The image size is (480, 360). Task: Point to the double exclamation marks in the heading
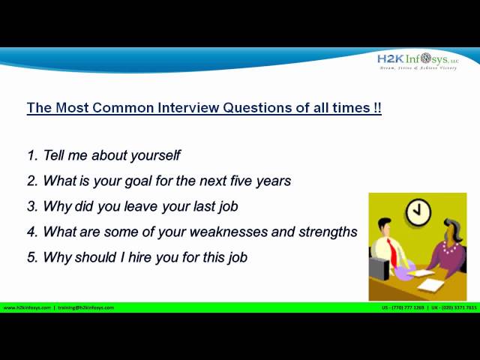(x=376, y=107)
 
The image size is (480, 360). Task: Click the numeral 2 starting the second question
(x=31, y=181)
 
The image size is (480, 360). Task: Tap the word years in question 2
(x=272, y=181)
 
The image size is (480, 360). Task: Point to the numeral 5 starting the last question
(x=31, y=257)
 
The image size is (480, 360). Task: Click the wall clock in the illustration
(x=418, y=212)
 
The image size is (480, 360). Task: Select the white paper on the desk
(x=430, y=284)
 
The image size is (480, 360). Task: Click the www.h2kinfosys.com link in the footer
(x=27, y=307)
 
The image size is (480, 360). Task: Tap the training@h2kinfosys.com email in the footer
(x=86, y=307)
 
